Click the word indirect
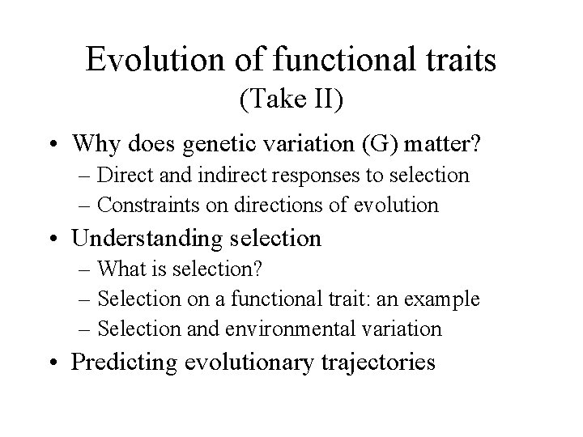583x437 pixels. (x=219, y=175)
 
